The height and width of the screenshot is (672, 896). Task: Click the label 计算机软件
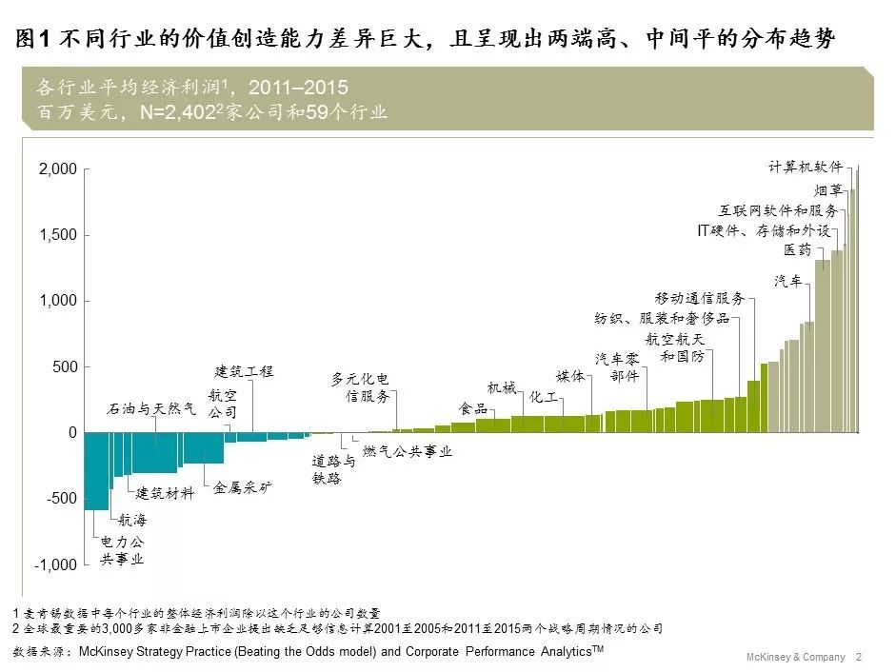806,167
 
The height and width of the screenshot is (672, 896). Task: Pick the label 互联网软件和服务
778,210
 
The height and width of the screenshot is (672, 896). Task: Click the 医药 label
798,249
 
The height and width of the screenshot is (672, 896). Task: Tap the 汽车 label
787,281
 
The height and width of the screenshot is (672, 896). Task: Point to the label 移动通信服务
700,299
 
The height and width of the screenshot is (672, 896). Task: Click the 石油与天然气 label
150,409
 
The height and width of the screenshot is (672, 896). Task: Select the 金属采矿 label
243,487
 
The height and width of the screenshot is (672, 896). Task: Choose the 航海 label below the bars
132,521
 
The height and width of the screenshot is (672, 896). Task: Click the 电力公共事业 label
122,550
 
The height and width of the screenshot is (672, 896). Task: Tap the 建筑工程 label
244,371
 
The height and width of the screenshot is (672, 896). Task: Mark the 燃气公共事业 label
408,451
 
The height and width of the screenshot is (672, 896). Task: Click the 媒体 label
570,376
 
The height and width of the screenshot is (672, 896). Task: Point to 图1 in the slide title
32,39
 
